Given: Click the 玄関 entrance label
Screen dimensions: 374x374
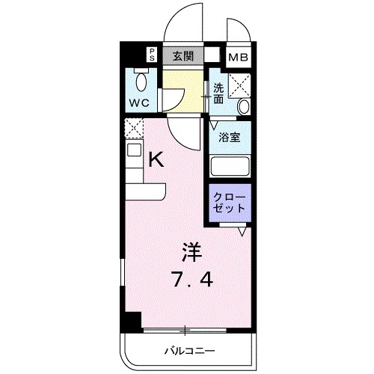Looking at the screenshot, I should point(184,55).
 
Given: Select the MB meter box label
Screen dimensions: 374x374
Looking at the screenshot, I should point(239,56).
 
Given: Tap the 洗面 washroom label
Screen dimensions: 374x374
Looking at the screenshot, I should point(218,93).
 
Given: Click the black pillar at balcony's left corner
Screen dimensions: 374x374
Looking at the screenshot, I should point(131,321).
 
